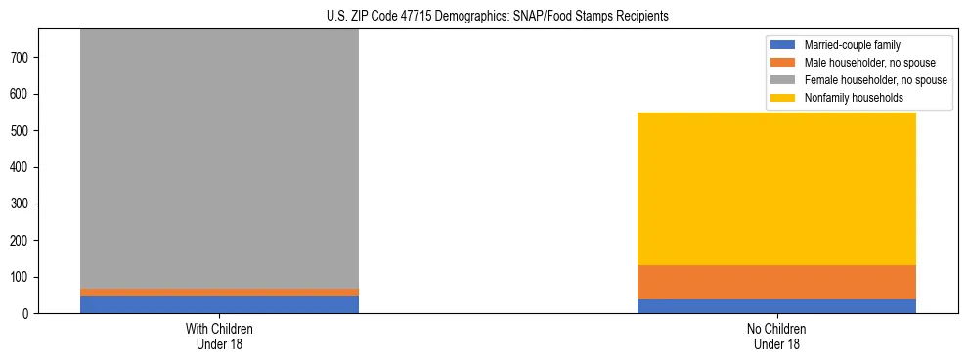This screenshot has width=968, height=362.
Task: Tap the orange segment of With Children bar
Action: coord(219,293)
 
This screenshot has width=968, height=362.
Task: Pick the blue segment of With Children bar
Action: coord(219,304)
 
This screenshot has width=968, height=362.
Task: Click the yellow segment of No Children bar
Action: coord(776,189)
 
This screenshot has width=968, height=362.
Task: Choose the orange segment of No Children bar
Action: coord(776,282)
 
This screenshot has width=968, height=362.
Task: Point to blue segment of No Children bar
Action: coord(776,306)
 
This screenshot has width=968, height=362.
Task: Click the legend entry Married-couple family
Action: coord(852,45)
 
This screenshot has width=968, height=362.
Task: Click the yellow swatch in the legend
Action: coord(784,98)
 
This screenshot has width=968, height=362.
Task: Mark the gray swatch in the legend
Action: coord(784,80)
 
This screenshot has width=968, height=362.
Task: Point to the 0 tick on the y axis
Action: coord(28,314)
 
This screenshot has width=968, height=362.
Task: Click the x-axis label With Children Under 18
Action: coord(219,337)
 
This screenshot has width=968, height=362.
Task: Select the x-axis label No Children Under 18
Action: coord(776,337)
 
